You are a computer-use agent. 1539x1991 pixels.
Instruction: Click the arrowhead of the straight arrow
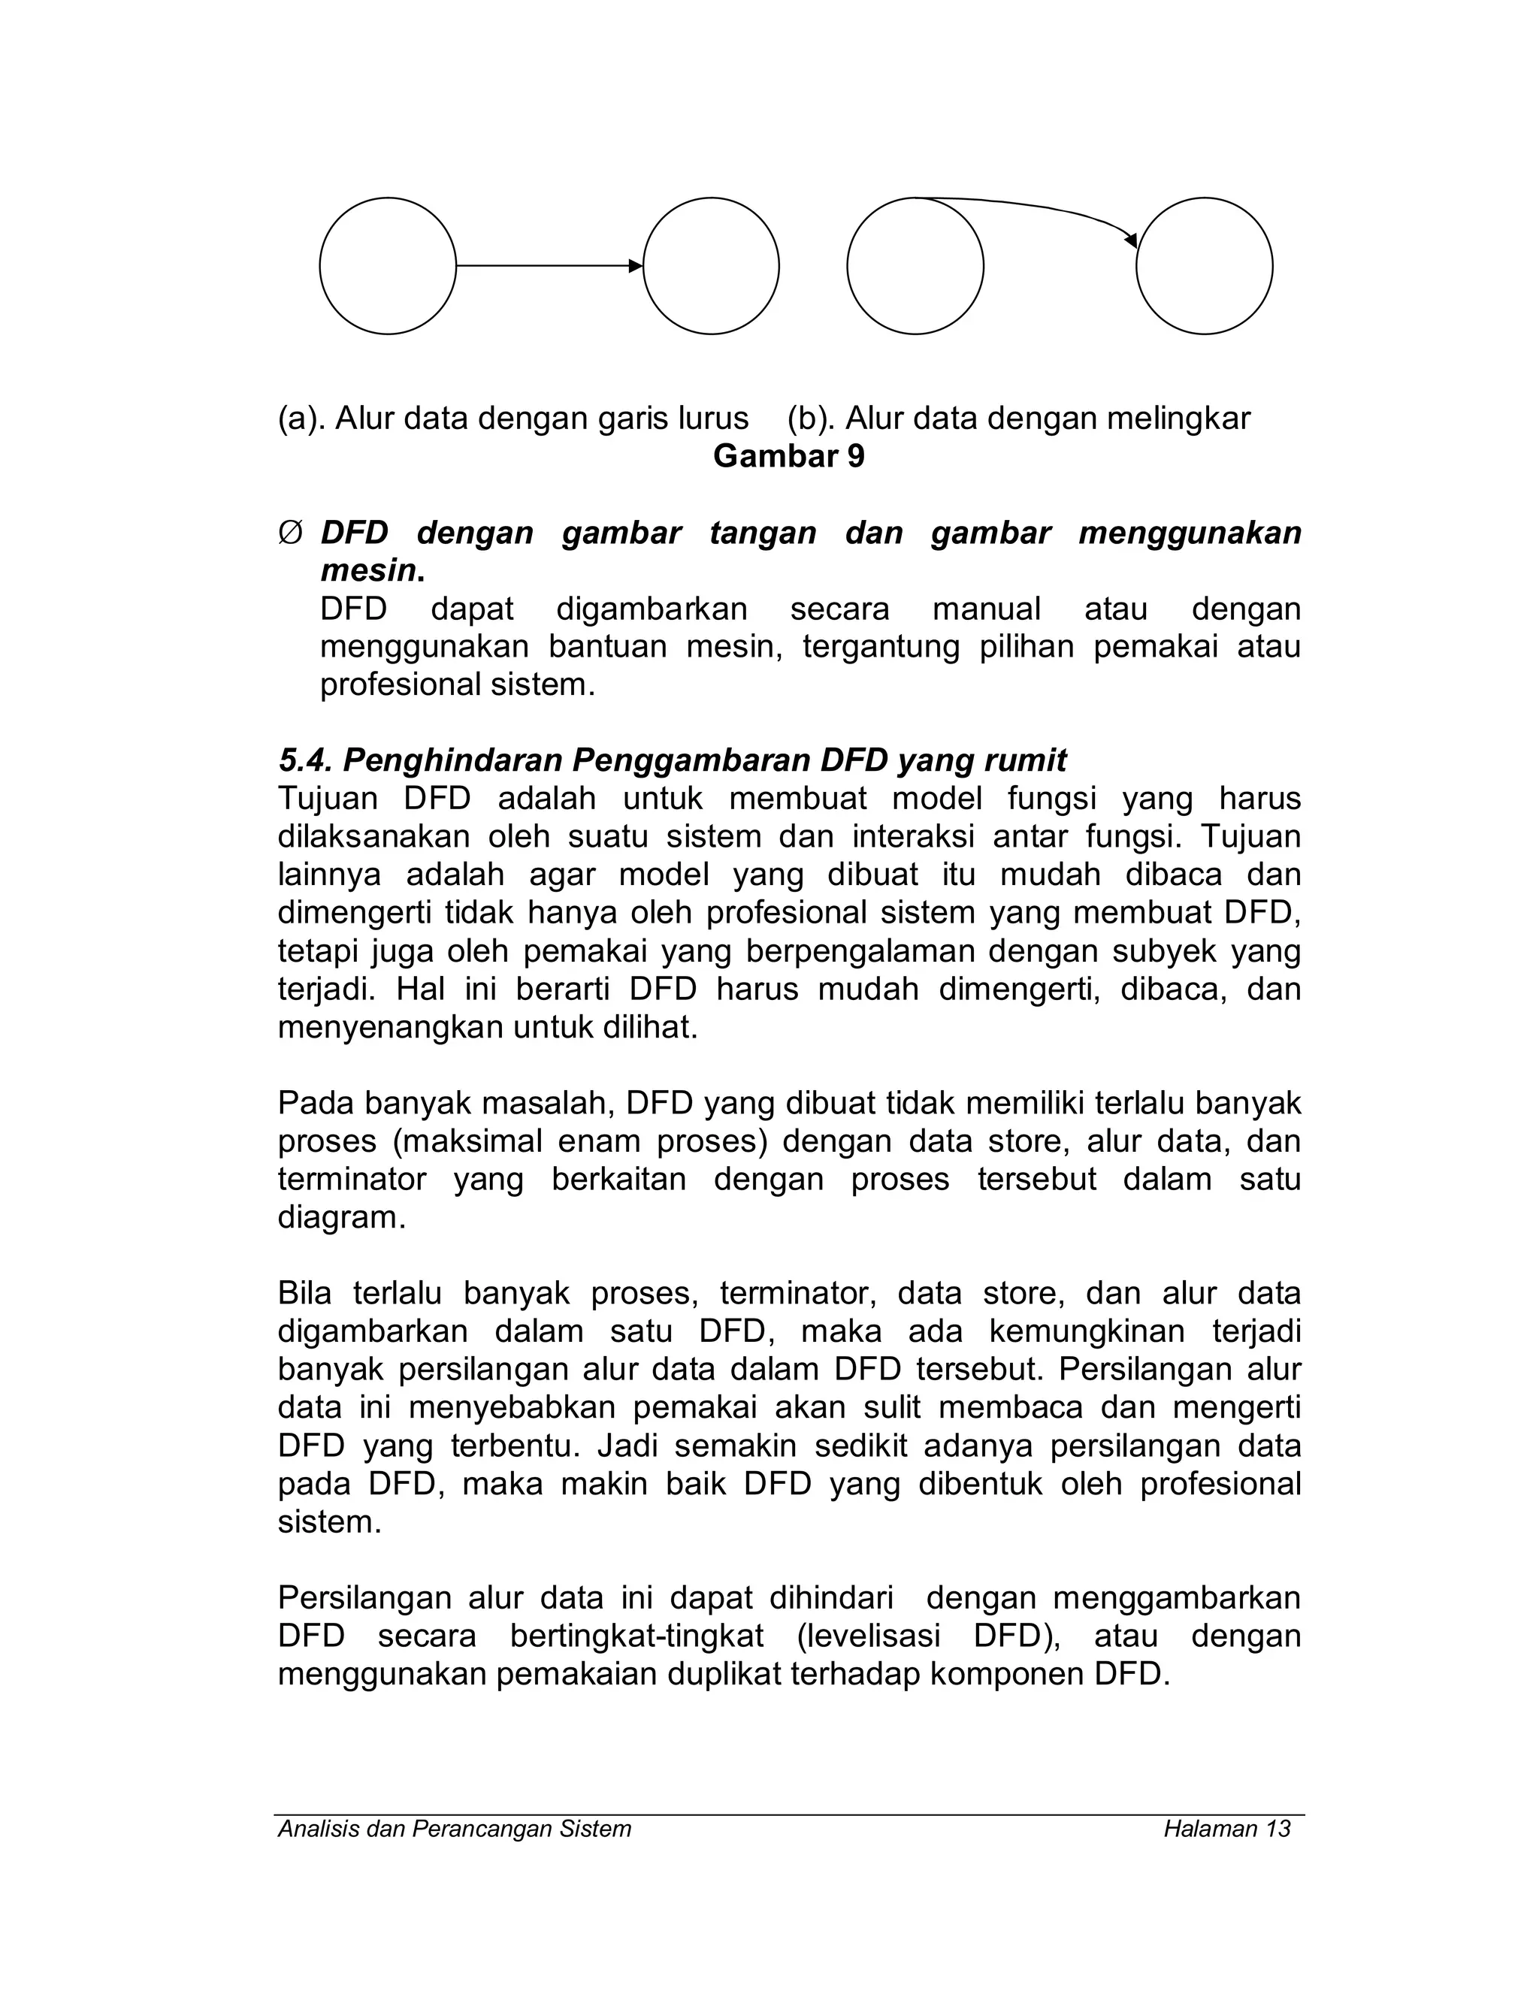pyautogui.click(x=636, y=266)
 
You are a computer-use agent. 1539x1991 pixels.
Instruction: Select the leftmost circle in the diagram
pyautogui.click(x=388, y=266)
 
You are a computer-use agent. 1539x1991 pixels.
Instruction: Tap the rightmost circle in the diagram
pyautogui.click(x=1204, y=266)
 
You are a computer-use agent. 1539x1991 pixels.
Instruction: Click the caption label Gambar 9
pyautogui.click(x=788, y=456)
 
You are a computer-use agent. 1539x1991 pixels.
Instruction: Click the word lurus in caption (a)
pyautogui.click(x=713, y=418)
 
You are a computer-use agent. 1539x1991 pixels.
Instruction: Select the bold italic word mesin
pyautogui.click(x=369, y=571)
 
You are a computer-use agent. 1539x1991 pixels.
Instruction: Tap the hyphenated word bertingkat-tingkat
pyautogui.click(x=636, y=1636)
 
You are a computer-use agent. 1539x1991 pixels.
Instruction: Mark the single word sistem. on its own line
pyautogui.click(x=330, y=1522)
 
